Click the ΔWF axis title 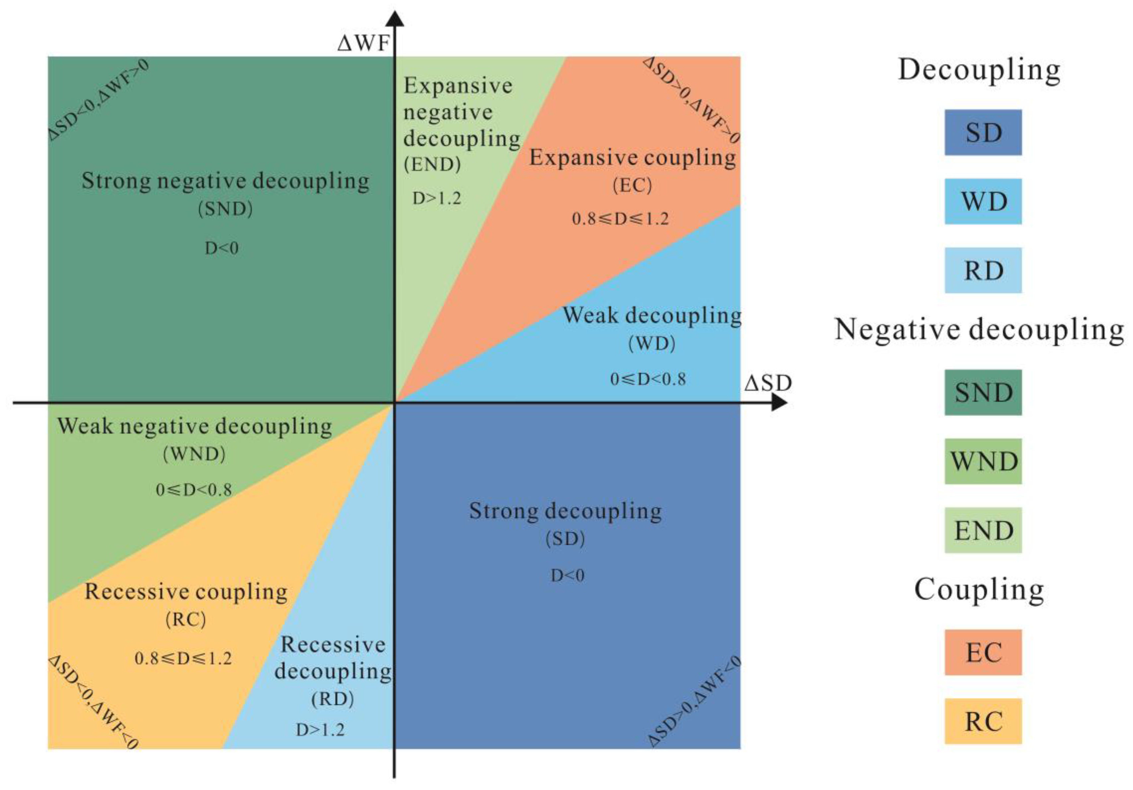(x=364, y=43)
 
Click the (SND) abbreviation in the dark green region (x=225, y=209)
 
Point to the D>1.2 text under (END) (x=437, y=198)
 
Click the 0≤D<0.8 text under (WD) (x=648, y=379)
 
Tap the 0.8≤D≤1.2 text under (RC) (x=183, y=658)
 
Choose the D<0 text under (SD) (x=567, y=576)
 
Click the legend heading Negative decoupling (x=979, y=329)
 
